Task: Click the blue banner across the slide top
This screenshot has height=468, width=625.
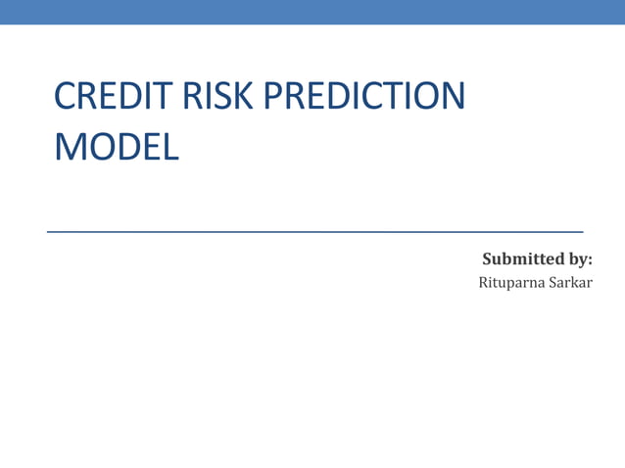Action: click(312, 12)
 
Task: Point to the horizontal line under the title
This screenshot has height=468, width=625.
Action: click(314, 231)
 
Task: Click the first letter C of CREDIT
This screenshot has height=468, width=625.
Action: click(67, 97)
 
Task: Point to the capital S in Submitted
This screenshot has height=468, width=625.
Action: click(487, 259)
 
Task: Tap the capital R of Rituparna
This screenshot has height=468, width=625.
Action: click(483, 284)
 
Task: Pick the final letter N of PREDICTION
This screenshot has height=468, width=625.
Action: click(451, 97)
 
